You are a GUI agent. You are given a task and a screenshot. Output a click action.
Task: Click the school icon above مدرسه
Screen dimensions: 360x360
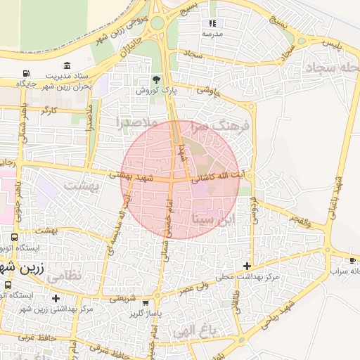(x=213, y=23)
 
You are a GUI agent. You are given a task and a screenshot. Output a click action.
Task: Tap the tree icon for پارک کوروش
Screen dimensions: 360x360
(x=156, y=79)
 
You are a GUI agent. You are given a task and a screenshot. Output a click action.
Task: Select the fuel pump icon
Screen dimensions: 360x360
(x=26, y=73)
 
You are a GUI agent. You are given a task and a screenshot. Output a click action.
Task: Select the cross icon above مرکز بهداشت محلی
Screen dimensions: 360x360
(x=246, y=265)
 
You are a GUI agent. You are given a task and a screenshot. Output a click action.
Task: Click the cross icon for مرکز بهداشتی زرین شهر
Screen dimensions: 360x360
(x=56, y=299)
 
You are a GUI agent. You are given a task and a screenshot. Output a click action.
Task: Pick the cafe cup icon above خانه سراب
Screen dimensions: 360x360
(x=352, y=259)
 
